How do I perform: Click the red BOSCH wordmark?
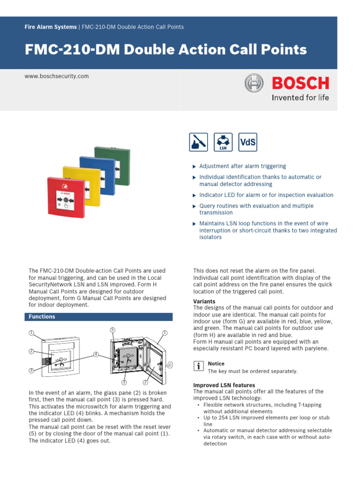coord(300,83)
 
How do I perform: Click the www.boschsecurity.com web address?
coord(57,76)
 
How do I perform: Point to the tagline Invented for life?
coord(300,98)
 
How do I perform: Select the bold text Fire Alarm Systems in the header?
coord(51,27)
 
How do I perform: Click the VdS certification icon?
coord(247,142)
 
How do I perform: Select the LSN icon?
coord(223,142)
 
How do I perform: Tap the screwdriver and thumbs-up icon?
coord(198,142)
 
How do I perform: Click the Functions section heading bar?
coord(98,317)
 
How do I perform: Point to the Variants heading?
coord(204,301)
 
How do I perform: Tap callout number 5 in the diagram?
coord(112,330)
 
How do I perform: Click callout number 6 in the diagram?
coord(170,364)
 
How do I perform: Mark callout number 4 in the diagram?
coord(96,354)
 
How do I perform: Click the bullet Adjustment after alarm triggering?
coord(242,166)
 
